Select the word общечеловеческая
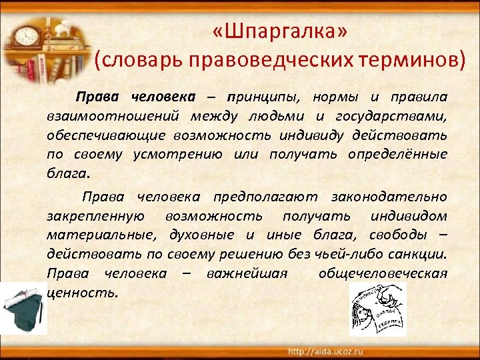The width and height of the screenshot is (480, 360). click(x=383, y=273)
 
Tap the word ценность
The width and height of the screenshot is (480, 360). click(x=83, y=293)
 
